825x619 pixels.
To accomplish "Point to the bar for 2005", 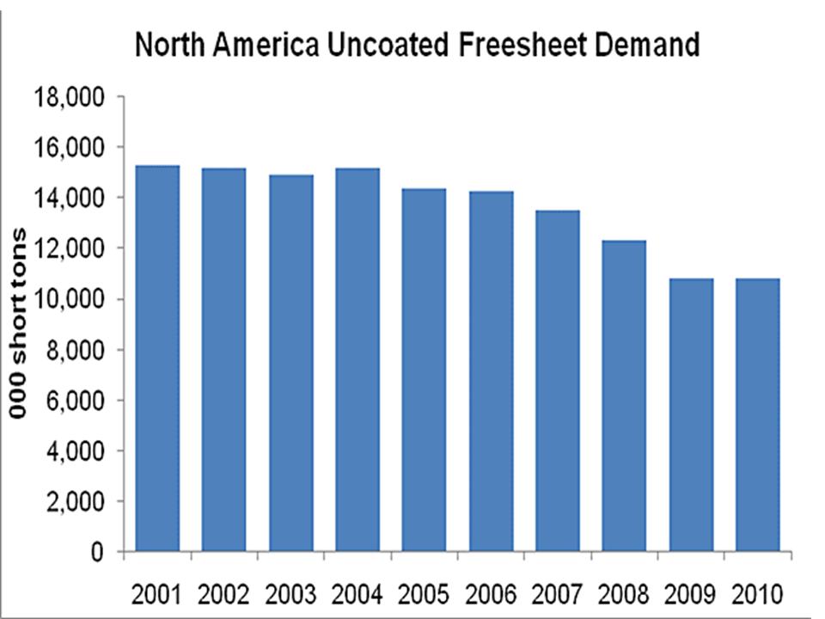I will pyautogui.click(x=425, y=370).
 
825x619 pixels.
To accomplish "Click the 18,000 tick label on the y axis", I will pyautogui.click(x=69, y=97).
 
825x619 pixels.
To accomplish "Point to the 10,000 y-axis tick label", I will pyautogui.click(x=69, y=299).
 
